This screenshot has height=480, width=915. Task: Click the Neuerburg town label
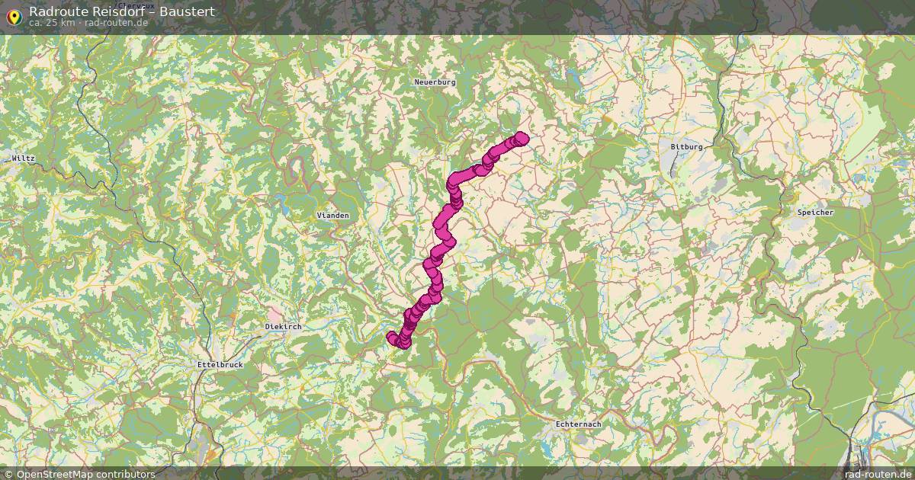[435, 82]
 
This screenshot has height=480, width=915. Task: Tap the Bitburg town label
[686, 146]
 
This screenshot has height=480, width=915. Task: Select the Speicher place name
[815, 213]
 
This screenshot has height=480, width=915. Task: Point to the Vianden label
[332, 216]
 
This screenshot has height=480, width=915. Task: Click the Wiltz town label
[24, 158]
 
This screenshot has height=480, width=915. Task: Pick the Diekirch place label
[283, 326]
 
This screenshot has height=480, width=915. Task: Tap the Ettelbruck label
[220, 365]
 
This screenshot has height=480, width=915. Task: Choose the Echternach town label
[578, 424]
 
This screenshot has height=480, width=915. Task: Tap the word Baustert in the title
[190, 11]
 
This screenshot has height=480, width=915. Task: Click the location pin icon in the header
[13, 14]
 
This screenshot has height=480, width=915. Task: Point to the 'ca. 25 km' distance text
[52, 22]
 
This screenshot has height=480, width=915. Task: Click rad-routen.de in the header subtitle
[116, 22]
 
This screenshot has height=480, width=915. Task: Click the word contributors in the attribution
[129, 474]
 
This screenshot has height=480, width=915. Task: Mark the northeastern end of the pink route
[522, 138]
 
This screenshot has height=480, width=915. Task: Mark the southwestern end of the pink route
[393, 337]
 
